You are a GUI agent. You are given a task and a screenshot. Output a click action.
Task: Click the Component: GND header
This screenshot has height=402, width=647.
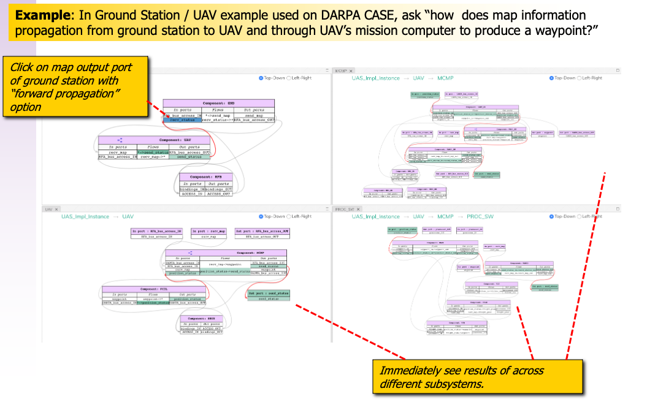click(218, 104)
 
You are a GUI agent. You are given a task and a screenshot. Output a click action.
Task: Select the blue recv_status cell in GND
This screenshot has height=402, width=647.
click(183, 119)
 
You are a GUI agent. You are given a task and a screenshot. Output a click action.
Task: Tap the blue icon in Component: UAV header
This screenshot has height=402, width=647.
click(120, 140)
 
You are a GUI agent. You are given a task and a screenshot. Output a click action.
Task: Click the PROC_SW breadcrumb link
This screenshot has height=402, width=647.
click(483, 216)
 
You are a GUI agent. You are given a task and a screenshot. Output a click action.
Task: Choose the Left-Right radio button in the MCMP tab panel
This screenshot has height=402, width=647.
click(581, 78)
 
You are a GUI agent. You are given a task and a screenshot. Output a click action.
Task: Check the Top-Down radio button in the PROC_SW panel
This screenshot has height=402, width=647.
click(551, 216)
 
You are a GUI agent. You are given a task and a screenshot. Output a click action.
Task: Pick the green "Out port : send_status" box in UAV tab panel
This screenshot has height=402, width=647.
click(269, 295)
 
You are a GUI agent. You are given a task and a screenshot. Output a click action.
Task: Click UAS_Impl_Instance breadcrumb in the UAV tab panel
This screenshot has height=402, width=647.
click(85, 216)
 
